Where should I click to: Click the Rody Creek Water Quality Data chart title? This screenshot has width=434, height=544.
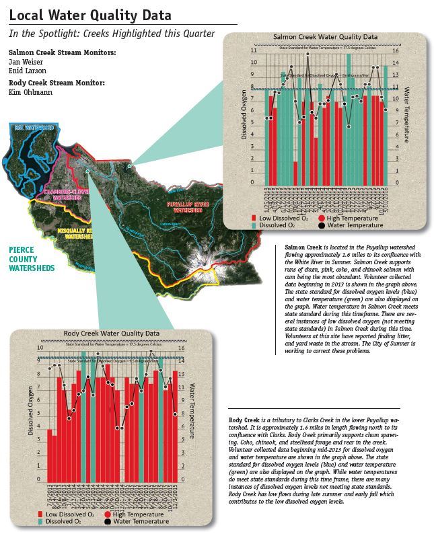click(111, 333)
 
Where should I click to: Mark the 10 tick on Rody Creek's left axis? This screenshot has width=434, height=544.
click(40, 348)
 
